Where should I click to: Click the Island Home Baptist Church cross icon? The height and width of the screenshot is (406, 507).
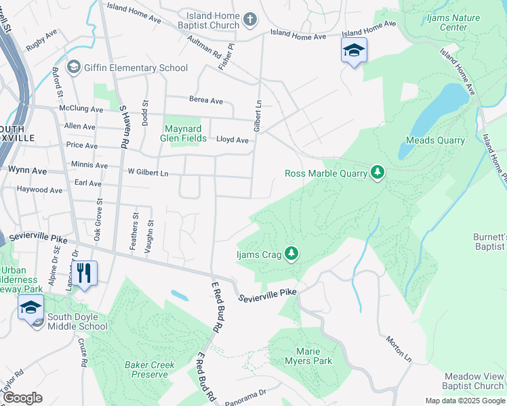tap(250, 19)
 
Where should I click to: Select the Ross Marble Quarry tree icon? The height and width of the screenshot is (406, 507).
tap(378, 173)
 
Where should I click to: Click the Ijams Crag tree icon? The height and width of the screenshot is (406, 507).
tap(291, 254)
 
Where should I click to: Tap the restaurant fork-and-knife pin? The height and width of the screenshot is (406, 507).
tap(84, 273)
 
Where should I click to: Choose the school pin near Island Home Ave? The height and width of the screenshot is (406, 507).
tap(353, 51)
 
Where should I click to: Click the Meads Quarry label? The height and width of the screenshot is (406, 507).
tap(435, 141)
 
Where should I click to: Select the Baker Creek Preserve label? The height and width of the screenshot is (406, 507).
tap(149, 369)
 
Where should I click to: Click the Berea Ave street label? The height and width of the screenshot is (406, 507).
tap(206, 101)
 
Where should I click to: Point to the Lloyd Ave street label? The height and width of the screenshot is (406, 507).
tap(232, 140)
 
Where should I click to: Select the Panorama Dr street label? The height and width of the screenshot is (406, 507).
tap(245, 392)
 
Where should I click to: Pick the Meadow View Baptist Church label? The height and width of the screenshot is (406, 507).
tap(474, 381)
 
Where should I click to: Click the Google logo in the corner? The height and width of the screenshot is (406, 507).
tap(22, 398)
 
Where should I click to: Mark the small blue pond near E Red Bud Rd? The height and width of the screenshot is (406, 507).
tap(180, 295)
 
